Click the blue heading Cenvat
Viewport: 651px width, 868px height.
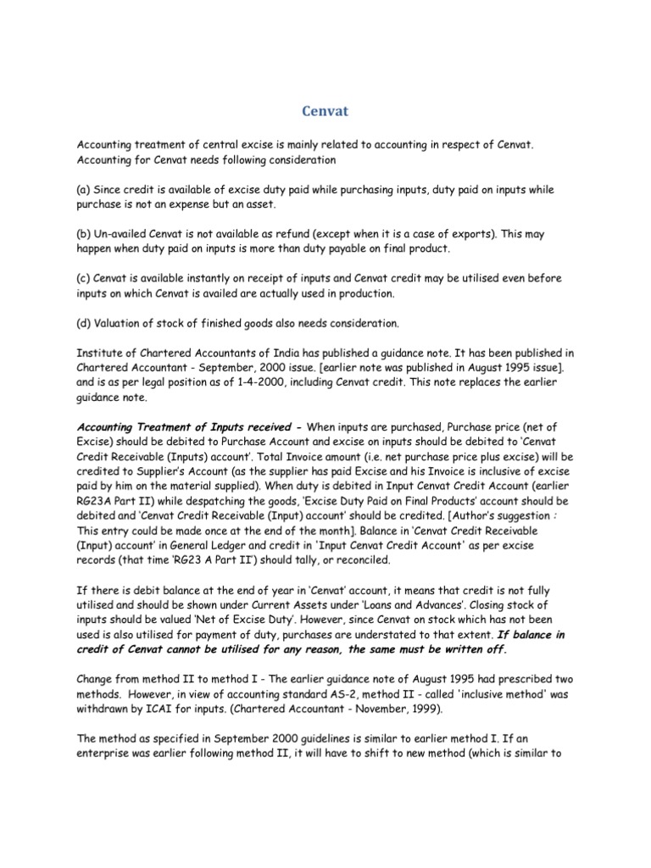point(325,111)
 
